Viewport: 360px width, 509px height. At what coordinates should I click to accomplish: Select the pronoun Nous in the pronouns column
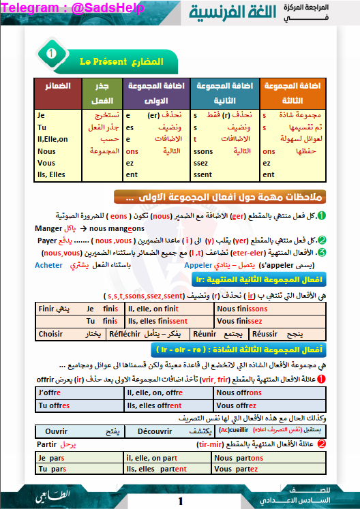pyautogui.click(x=47, y=151)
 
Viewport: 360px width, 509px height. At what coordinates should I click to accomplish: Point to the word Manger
pyautogui.click(x=48, y=230)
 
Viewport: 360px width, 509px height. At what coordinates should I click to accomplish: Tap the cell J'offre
pyautogui.click(x=51, y=393)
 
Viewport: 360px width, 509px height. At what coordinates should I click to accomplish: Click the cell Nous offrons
pyautogui.click(x=239, y=393)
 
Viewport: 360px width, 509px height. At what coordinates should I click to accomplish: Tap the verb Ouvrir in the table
pyautogui.click(x=56, y=431)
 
